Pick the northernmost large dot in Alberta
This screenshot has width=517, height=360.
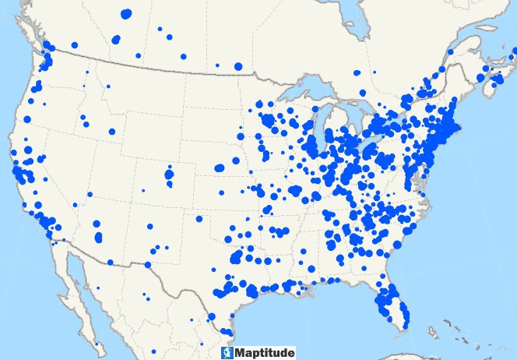(127, 13)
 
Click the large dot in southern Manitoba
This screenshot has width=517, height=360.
(238, 66)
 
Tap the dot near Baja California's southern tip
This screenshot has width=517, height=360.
(97, 343)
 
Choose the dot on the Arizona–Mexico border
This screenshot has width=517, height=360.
(111, 262)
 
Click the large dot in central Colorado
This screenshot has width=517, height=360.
(169, 175)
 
